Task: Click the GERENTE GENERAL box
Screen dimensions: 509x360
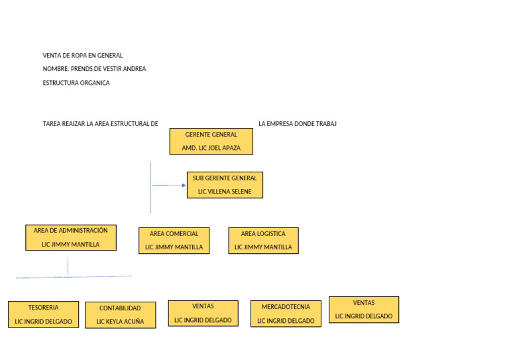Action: pos(211,141)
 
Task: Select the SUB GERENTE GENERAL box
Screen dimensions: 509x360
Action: pos(225,185)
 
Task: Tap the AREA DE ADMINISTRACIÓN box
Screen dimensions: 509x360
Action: pos(71,237)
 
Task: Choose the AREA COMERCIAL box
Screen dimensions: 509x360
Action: pos(174,240)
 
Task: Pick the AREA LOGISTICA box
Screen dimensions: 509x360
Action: pos(263,240)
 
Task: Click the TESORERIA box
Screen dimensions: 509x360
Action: pos(43,314)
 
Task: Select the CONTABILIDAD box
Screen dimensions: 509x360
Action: pos(120,315)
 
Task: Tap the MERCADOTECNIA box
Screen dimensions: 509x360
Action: pos(286,314)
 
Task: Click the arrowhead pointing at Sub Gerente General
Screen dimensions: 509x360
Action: pos(184,186)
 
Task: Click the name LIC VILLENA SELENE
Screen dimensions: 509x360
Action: pos(225,192)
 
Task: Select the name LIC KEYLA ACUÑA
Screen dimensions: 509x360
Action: pos(120,322)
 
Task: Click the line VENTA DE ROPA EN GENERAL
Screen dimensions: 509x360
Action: pos(83,56)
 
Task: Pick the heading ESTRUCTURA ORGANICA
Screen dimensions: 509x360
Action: pos(76,83)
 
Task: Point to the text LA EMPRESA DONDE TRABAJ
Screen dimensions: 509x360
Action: pos(298,124)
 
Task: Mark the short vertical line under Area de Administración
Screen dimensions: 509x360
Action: pos(68,267)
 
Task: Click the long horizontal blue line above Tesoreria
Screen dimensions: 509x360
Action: pos(74,277)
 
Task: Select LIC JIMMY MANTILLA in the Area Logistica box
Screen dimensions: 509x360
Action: pos(263,247)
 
